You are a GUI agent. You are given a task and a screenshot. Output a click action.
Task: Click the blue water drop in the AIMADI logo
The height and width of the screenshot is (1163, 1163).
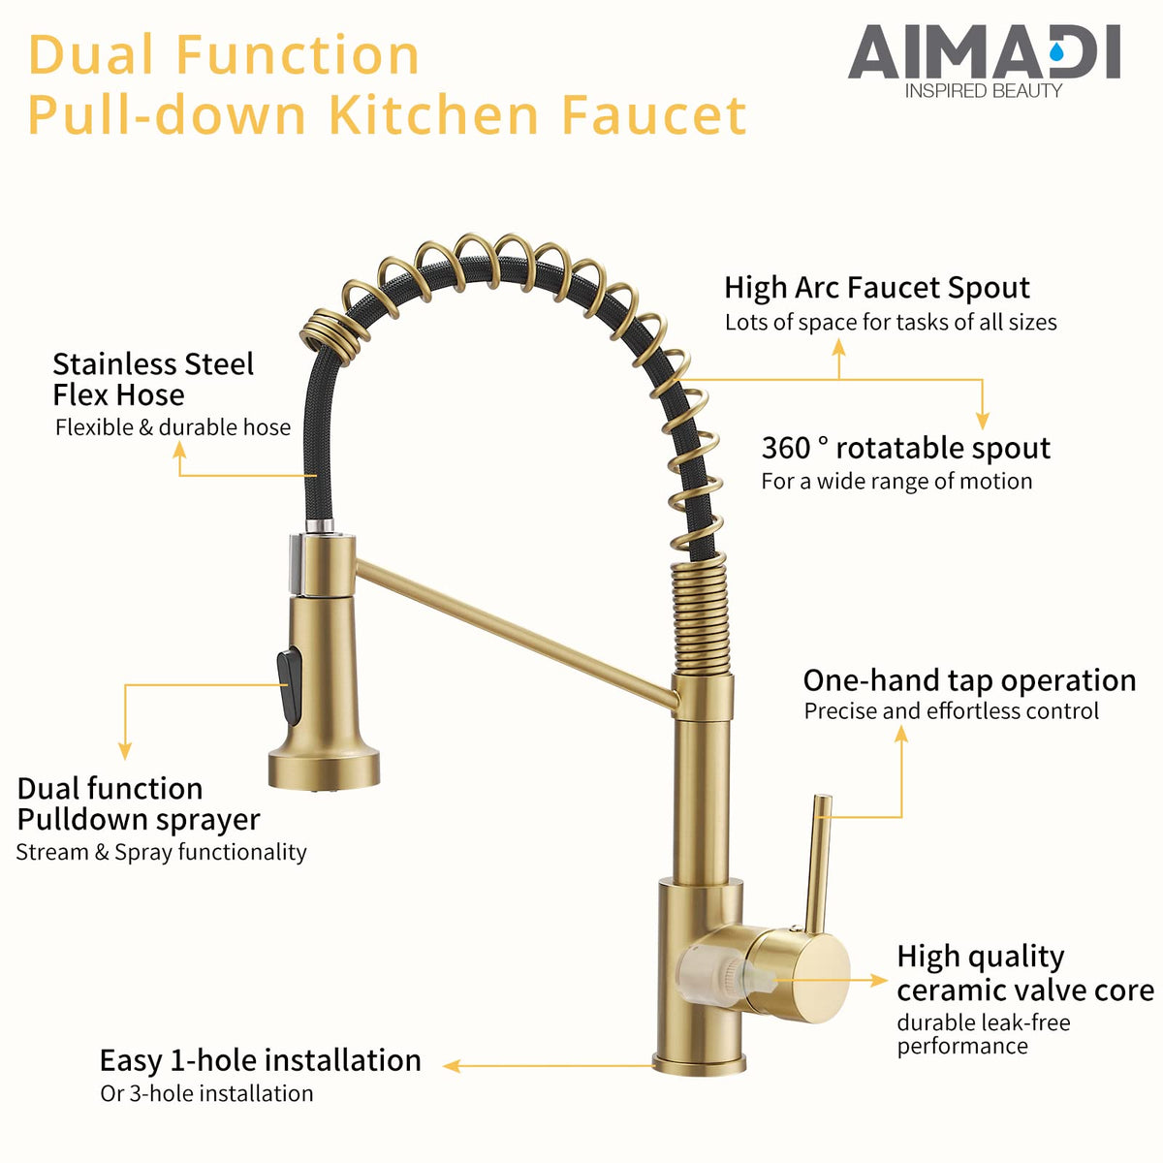[x=1056, y=53]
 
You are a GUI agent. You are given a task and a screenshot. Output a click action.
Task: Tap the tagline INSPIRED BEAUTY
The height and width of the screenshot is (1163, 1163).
[x=983, y=91]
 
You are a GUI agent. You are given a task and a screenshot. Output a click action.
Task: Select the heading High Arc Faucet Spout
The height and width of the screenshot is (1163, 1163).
[x=877, y=287]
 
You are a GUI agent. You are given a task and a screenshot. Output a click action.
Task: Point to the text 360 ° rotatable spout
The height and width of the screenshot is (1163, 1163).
[x=906, y=448]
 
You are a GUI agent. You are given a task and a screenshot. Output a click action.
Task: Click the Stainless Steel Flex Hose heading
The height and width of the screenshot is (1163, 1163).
[x=153, y=380]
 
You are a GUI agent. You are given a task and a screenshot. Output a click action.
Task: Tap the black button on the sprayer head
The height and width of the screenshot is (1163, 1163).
[x=289, y=680]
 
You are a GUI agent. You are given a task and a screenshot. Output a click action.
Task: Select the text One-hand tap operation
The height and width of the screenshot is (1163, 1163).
[x=969, y=680]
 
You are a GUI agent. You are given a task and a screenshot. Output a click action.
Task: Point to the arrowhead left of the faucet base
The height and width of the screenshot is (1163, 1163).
[x=451, y=1066]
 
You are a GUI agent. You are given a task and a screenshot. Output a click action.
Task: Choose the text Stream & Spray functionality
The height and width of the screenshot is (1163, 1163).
[x=161, y=852]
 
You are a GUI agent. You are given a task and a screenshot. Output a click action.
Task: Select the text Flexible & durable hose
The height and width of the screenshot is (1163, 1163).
[x=173, y=427]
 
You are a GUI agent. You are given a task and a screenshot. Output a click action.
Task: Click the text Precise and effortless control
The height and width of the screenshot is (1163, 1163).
[x=951, y=711]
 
